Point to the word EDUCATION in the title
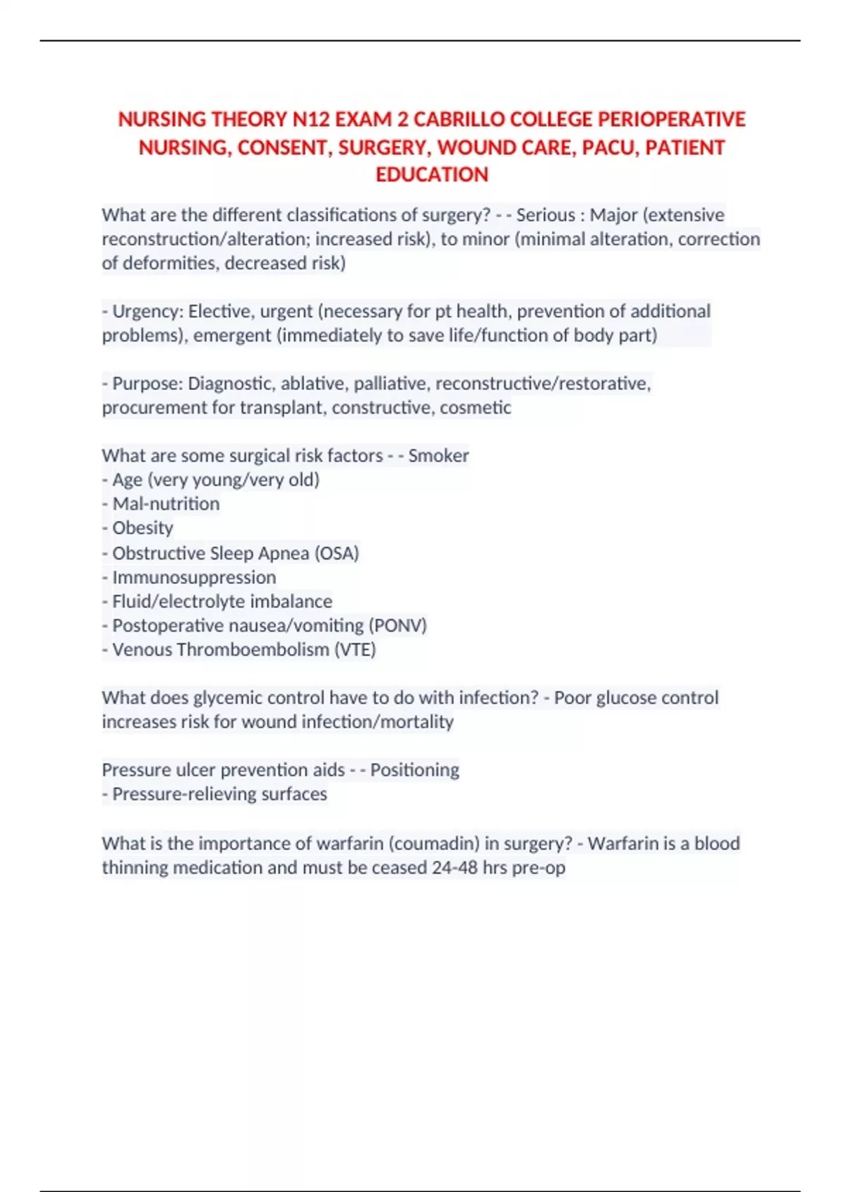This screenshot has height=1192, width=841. (x=432, y=175)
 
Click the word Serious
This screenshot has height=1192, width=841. (x=545, y=215)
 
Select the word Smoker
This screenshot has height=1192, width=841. (x=439, y=456)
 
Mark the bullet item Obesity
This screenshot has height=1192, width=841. (x=142, y=528)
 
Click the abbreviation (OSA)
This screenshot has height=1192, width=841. (x=336, y=553)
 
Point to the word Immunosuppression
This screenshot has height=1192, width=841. (x=194, y=578)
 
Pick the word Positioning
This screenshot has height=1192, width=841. (x=414, y=770)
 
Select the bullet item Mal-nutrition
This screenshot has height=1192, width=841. (x=165, y=504)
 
